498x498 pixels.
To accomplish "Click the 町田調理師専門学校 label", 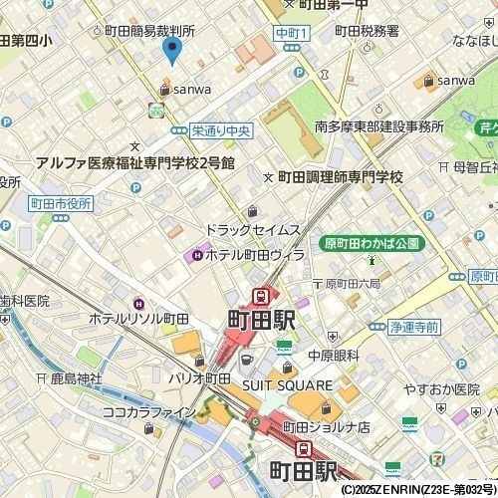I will click(339, 176).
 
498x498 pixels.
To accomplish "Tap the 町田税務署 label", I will click(367, 32).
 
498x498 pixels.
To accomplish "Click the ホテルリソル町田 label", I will click(138, 319).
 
